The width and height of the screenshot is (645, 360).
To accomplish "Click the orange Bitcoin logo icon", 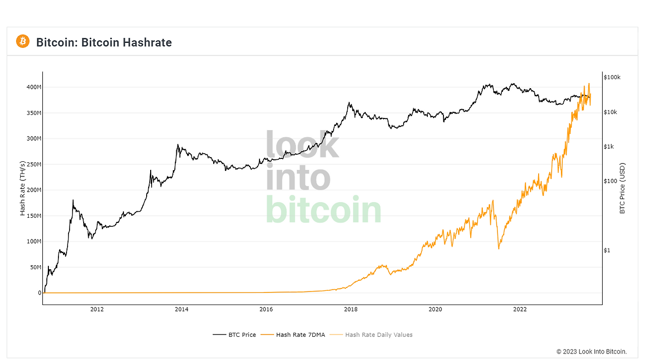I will pos(23,41).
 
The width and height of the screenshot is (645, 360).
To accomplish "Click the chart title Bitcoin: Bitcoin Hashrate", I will pos(104,42).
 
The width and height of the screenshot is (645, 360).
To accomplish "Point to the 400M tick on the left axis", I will pos(34,87).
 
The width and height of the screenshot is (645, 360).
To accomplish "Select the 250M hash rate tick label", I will pos(34,164).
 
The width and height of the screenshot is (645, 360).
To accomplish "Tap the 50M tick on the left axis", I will pos(36,267).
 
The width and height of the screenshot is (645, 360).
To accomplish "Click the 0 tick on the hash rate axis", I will pos(39,293).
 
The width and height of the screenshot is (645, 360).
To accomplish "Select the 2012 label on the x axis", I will pos(97,309).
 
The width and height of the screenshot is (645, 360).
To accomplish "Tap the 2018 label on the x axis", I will pos(351,309).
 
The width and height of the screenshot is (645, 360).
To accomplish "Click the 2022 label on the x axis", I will pos(520,309).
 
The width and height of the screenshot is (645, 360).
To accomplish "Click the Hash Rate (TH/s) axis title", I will pos(23,189).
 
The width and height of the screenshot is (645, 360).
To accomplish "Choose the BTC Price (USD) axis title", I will pos(622,188).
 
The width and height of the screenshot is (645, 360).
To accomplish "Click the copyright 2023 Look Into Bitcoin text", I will pos(591,351).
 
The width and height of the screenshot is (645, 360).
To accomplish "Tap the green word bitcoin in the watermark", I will pos(323,210).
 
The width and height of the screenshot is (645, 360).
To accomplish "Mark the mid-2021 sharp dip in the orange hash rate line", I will pos(499,248).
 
